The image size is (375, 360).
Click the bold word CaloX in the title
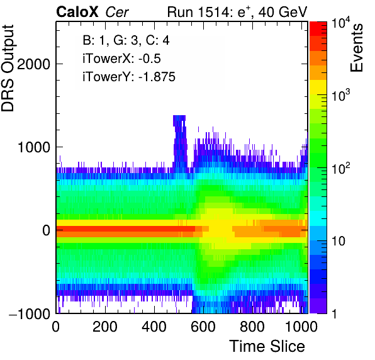coord(77,12)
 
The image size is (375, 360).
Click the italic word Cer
coord(117,13)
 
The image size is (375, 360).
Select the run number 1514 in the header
coord(213,12)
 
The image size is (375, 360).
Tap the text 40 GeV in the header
coord(283,12)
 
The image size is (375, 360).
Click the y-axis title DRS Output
coord(8,68)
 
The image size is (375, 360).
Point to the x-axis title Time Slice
coord(267,346)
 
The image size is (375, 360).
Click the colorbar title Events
coord(356,48)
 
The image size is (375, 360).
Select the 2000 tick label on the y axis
coord(34,64)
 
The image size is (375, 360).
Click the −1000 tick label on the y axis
coord(30,313)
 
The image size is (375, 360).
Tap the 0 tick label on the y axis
coord(47,230)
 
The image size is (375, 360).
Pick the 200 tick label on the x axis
coord(105,327)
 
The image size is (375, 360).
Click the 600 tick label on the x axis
coord(203,327)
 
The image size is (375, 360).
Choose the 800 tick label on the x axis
coord(252,327)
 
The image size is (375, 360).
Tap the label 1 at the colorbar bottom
coord(334,313)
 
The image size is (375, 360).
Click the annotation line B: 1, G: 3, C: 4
coord(126,40)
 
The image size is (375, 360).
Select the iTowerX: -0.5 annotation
coord(121,59)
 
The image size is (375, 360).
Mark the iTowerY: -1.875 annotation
coord(129,77)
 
